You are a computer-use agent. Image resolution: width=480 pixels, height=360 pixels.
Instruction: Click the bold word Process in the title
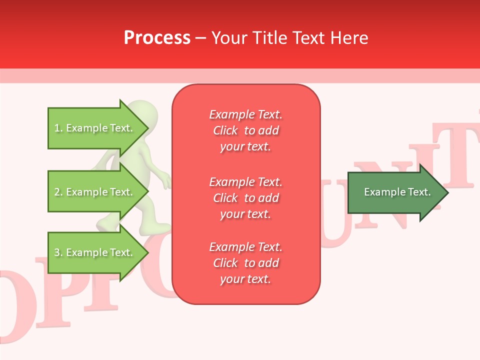157,38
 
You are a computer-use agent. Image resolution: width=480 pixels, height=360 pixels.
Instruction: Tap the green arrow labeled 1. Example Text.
95,128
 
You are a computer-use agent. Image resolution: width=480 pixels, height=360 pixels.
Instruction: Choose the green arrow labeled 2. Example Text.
95,192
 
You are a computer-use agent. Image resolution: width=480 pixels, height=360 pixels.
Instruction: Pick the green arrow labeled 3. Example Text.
95,252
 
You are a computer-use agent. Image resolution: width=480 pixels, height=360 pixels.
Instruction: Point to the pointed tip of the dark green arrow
447,192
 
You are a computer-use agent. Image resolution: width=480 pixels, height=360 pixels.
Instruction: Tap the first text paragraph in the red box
245,130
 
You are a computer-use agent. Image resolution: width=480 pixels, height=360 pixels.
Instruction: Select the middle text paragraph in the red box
245,198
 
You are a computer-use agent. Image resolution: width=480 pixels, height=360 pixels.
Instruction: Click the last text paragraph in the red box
245,263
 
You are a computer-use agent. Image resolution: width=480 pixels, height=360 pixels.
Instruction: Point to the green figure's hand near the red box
167,181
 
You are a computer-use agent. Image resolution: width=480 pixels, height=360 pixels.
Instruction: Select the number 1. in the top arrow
58,128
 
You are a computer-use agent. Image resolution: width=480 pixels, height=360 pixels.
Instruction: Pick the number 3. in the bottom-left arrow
58,253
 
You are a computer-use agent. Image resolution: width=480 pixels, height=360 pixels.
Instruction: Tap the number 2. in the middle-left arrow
58,192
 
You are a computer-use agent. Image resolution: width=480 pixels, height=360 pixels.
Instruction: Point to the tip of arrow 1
148,128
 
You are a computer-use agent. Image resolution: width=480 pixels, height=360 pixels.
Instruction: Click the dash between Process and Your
201,38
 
